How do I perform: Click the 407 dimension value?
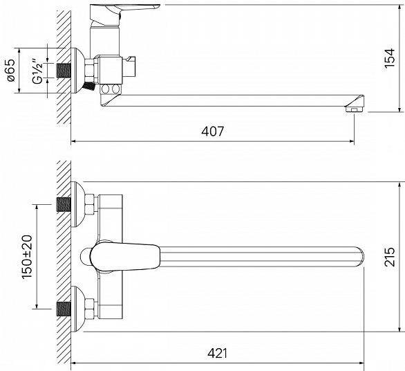[x=213, y=132]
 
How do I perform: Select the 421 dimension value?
[x=218, y=353]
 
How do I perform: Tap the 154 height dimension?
[x=390, y=58]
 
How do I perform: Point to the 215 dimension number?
[x=390, y=257]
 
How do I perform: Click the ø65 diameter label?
[x=10, y=71]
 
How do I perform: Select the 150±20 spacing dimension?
[x=27, y=257]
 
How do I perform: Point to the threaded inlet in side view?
[x=64, y=71]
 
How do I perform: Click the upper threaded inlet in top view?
[x=64, y=204]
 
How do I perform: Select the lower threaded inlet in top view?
[x=64, y=309]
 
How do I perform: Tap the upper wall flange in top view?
[x=77, y=204]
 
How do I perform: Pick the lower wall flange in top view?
[x=77, y=309]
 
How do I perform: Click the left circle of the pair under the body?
[x=105, y=89]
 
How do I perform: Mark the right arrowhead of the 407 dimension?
[x=352, y=141]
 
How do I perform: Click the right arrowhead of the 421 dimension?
[x=361, y=363]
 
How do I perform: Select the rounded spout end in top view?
[x=359, y=257]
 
